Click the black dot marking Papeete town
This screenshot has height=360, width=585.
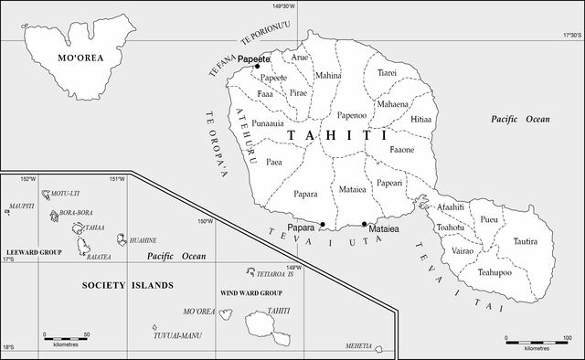tap(258, 66)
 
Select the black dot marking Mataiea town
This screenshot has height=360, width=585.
tap(364, 224)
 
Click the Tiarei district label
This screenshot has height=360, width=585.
tap(387, 72)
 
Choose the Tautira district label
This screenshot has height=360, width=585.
tap(525, 242)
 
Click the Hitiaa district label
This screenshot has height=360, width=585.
tap(420, 120)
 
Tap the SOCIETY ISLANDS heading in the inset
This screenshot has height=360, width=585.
tap(127, 286)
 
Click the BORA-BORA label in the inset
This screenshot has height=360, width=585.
tap(77, 213)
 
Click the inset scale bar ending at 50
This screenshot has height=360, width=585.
tap(67, 340)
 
